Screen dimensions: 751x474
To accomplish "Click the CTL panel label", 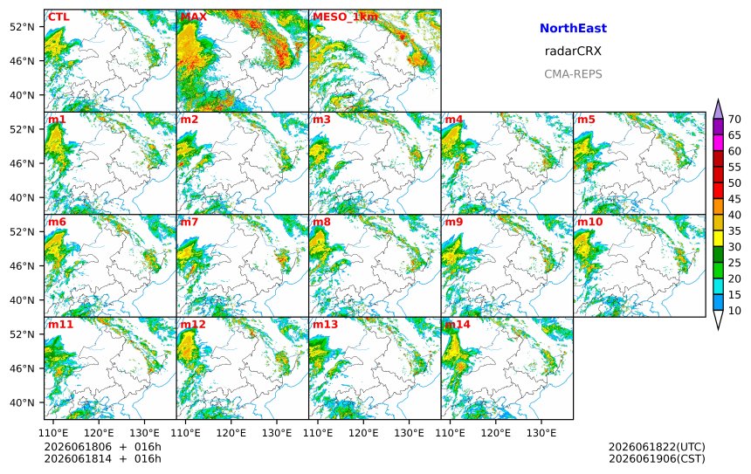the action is click(59, 17).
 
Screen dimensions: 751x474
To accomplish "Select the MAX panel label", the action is click(194, 17).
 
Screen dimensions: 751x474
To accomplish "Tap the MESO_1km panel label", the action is click(345, 17).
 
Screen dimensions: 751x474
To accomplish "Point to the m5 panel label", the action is click(586, 120).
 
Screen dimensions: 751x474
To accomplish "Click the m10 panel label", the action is click(589, 222).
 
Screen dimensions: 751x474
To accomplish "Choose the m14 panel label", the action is click(457, 324).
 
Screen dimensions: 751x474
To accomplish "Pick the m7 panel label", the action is click(189, 222).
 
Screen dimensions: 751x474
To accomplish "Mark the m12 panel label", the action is click(192, 324).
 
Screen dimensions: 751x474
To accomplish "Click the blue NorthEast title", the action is click(573, 28).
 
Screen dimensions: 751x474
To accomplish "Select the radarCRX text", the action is click(573, 52).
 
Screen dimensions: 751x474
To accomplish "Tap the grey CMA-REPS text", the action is click(573, 74).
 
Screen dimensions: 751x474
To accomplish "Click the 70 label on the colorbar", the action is click(734, 120).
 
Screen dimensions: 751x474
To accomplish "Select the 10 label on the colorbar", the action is click(734, 311).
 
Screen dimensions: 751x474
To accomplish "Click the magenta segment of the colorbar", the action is click(718, 142).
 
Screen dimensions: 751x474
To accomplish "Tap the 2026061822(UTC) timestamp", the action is click(657, 447).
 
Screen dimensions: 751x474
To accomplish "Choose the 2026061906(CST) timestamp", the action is click(657, 458).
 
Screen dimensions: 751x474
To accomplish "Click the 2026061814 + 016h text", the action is click(102, 458).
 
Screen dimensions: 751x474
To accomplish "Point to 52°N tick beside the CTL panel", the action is click(22, 27).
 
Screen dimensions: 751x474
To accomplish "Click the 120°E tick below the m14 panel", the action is click(496, 433).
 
